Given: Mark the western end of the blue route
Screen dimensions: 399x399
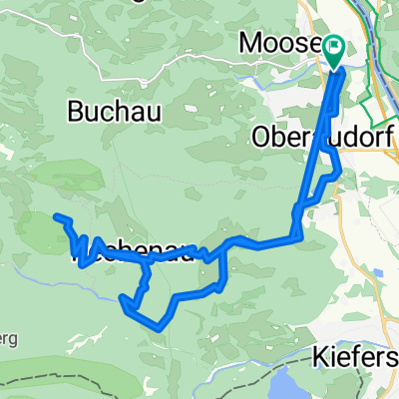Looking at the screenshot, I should tap(57, 216).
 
